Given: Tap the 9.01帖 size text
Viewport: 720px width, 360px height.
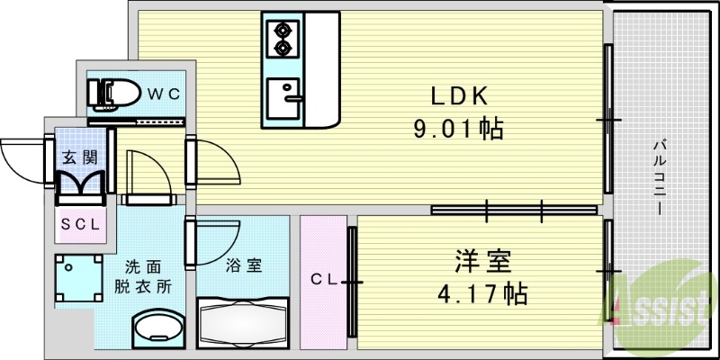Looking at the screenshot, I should click(457, 129).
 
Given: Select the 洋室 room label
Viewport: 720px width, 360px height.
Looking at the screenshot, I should click(481, 263).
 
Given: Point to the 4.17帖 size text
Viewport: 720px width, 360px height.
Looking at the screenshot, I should click(482, 292).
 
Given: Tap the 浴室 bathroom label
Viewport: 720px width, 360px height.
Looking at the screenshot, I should click(243, 265).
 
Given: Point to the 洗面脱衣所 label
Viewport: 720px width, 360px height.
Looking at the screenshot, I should click(143, 277).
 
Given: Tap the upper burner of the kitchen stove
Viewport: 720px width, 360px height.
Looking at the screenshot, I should click(283, 29).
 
